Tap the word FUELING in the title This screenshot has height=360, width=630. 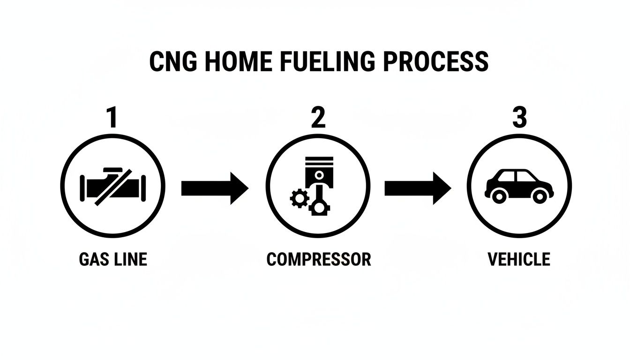pos(322,61)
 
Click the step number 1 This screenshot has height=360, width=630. pos(112,118)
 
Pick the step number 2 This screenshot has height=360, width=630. pos(318,118)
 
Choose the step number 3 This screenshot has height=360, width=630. pos(519,118)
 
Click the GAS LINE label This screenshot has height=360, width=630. pos(113,259)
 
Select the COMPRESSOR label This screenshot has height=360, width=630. pos(319,259)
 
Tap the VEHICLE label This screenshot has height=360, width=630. pos(519,259)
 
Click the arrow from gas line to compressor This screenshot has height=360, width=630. pos(214,188)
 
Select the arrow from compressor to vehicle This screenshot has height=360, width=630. pos(417,188)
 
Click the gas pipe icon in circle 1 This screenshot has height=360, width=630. pos(113,186)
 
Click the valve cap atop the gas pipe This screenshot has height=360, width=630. pos(112,170)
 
